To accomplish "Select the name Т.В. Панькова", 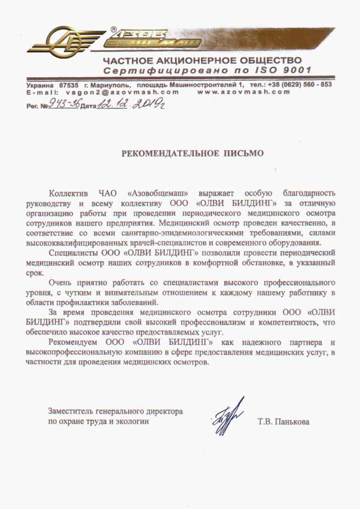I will tap(283, 422).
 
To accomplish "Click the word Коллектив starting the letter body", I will tap(68, 194).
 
